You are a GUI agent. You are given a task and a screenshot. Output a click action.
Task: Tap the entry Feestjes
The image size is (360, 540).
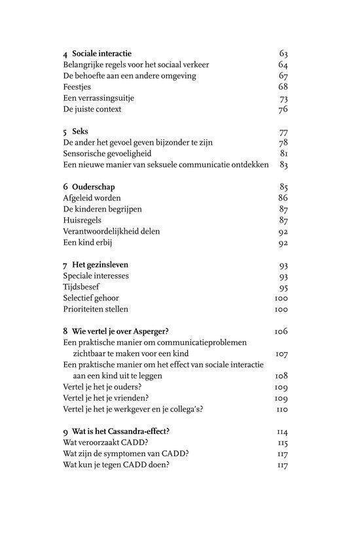click(x=78, y=87)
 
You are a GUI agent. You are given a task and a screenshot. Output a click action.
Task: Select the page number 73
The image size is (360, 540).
click(x=283, y=98)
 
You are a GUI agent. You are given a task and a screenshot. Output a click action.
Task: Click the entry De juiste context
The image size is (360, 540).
click(x=92, y=109)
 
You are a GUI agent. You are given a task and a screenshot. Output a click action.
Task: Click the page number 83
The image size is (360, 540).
click(x=283, y=165)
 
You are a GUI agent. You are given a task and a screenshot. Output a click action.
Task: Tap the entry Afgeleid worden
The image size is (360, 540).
click(x=92, y=198)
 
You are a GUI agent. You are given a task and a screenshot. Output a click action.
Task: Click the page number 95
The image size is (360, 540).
click(x=283, y=287)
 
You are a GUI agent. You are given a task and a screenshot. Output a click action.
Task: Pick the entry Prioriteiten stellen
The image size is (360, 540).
click(x=96, y=309)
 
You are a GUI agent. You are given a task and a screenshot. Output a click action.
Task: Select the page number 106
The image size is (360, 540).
click(x=281, y=332)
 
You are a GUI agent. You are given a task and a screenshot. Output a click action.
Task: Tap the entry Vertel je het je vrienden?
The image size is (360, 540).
click(x=105, y=398)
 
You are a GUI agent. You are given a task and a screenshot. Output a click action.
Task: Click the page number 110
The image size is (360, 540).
click(x=281, y=410)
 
